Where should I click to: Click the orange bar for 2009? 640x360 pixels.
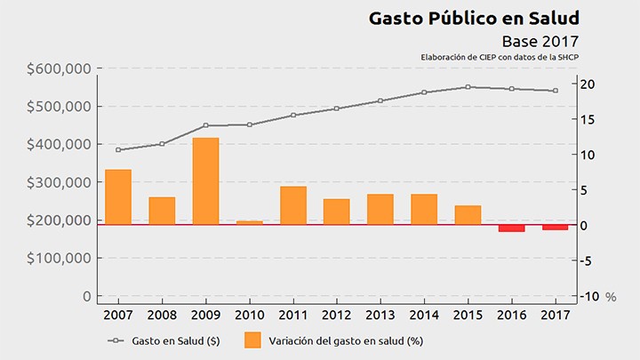pyautogui.click(x=205, y=181)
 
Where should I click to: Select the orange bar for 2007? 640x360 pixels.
pyautogui.click(x=118, y=197)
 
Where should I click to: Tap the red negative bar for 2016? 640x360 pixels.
pyautogui.click(x=511, y=228)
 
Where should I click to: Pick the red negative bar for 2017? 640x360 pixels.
pyautogui.click(x=556, y=228)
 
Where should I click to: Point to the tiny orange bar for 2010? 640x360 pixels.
pyautogui.click(x=250, y=223)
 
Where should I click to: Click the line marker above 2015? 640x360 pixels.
pyautogui.click(x=468, y=87)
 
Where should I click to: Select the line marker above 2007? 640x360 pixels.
pyautogui.click(x=118, y=149)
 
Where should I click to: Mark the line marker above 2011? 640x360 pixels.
pyautogui.click(x=293, y=115)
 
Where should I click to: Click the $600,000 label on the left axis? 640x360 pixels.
pyautogui.click(x=59, y=69)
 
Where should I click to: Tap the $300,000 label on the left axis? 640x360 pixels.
pyautogui.click(x=59, y=182)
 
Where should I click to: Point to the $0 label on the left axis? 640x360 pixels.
pyautogui.click(x=85, y=296)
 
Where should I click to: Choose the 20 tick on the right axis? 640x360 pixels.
pyautogui.click(x=586, y=84)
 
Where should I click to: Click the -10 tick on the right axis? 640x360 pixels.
pyautogui.click(x=587, y=296)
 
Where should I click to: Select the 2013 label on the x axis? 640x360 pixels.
pyautogui.click(x=380, y=315)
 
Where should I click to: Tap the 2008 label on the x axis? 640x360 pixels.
pyautogui.click(x=162, y=315)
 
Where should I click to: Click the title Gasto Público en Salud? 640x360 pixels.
pyautogui.click(x=473, y=18)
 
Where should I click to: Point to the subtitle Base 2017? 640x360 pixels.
pyautogui.click(x=540, y=41)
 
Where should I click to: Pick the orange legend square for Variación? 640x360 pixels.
pyautogui.click(x=252, y=340)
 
